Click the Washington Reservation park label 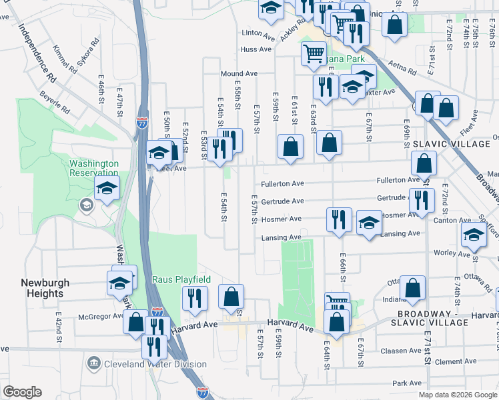(x=94, y=168)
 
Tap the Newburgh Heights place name (x=45, y=288)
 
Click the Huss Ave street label (x=256, y=49)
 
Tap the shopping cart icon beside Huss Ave (x=313, y=53)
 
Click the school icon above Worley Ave (x=474, y=234)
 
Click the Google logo (x=22, y=392)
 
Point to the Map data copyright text (x=458, y=395)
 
